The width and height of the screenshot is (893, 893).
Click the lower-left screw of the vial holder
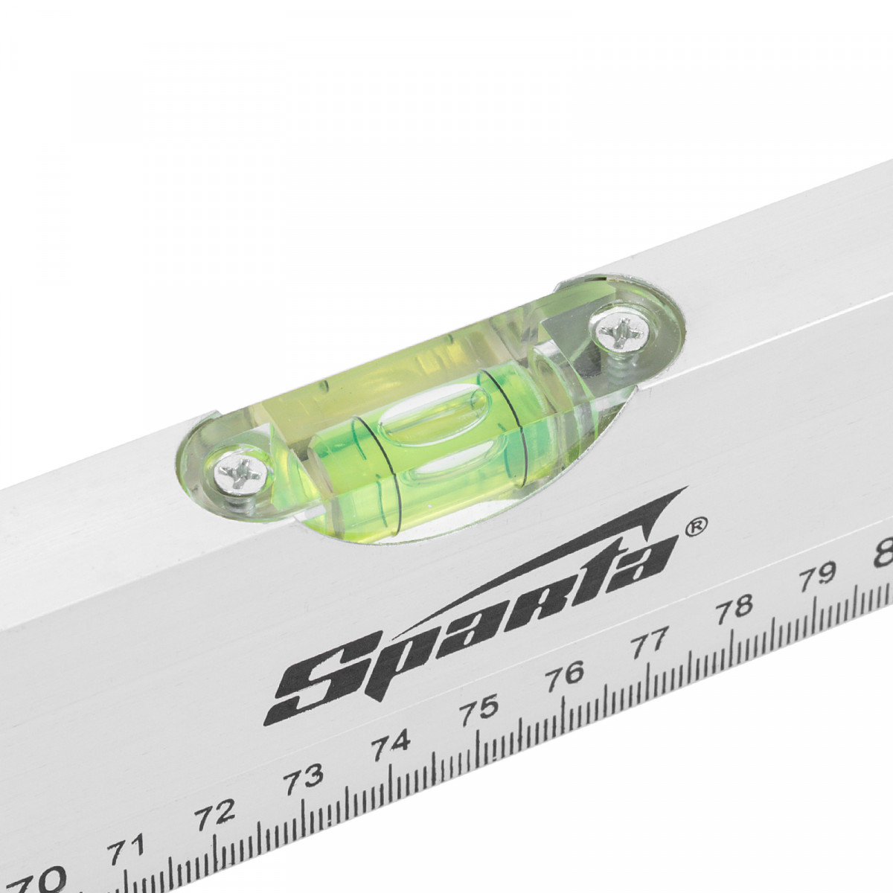(240, 473)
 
